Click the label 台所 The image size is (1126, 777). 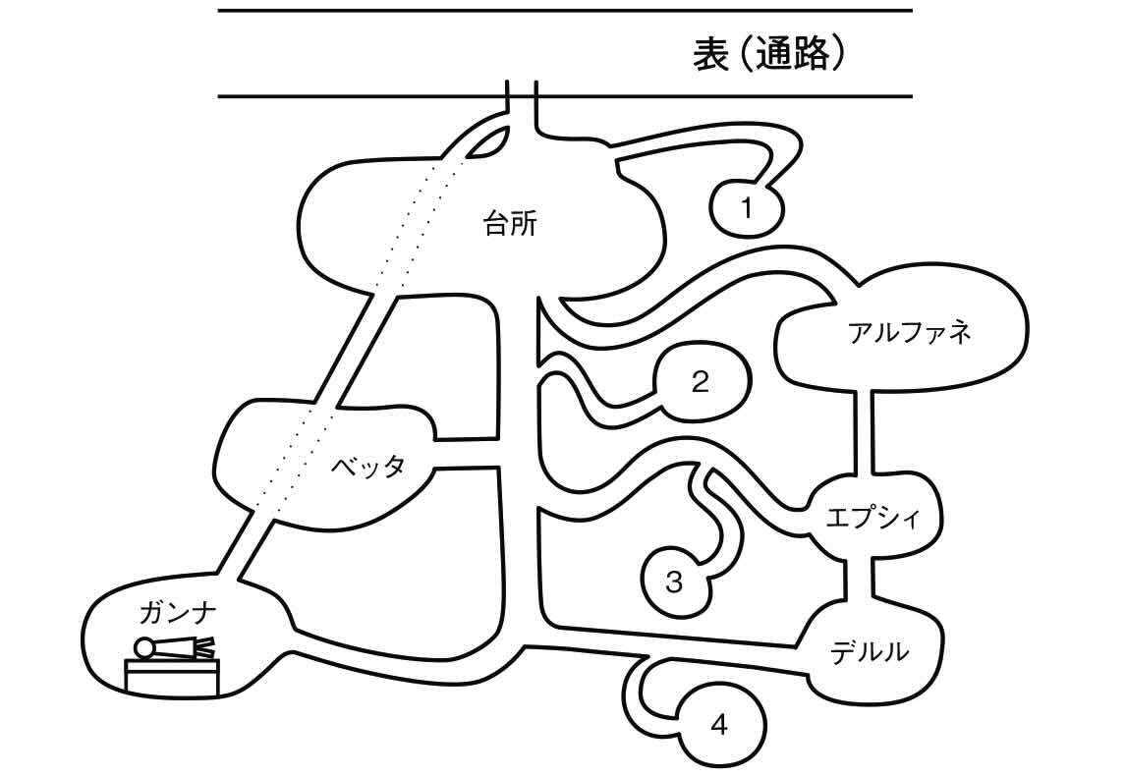510,225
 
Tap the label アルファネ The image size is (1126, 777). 909,332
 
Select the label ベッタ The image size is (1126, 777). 366,467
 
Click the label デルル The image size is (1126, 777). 869,650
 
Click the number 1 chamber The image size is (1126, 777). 747,207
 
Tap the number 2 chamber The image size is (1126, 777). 701,382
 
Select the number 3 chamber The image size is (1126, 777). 674,582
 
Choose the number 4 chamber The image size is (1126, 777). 719,727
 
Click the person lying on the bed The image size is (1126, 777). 175,647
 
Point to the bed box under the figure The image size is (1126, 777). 172,677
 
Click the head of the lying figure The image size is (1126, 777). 144,648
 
